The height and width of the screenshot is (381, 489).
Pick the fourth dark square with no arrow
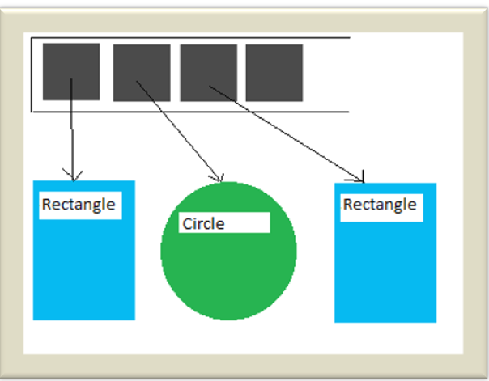click(274, 72)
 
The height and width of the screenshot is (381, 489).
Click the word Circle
click(203, 223)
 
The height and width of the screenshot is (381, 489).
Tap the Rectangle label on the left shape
click(78, 205)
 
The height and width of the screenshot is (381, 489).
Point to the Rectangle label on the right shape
click(380, 205)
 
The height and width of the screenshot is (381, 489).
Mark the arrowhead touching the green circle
click(216, 177)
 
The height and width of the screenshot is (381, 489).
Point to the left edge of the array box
click(32, 74)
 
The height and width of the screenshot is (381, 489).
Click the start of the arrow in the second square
click(138, 81)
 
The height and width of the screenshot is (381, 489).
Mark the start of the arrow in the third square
click(209, 86)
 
